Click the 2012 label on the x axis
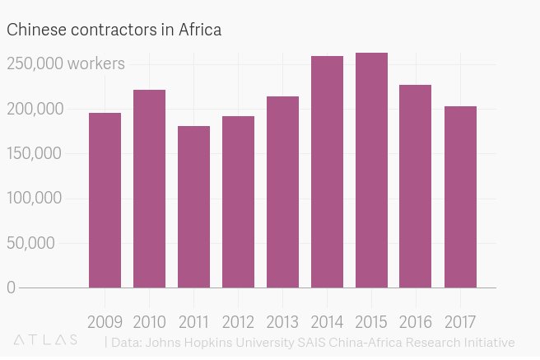click(238, 320)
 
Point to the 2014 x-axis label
click(327, 320)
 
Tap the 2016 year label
click(416, 320)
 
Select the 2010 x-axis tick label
click(149, 320)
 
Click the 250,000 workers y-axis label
click(66, 63)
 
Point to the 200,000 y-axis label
click(34, 109)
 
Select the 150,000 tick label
click(34, 153)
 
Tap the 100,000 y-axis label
click(34, 198)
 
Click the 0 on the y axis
click(11, 288)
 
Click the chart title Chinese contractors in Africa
click(115, 30)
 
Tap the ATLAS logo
click(46, 339)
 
